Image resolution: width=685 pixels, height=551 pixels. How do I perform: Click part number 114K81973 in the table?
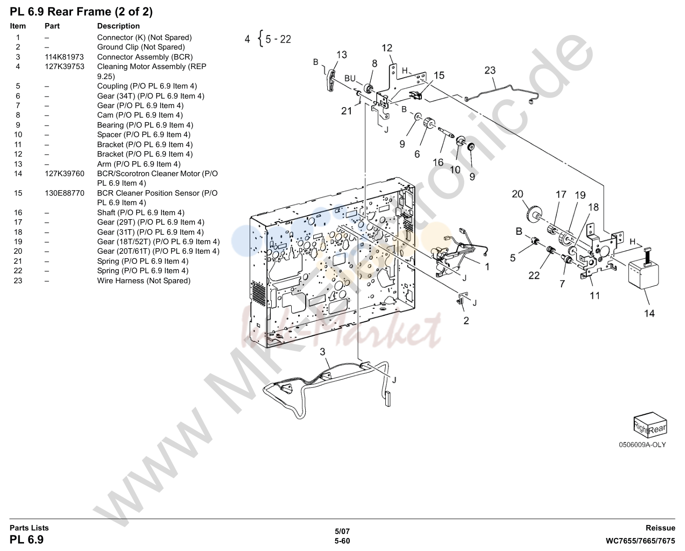65,57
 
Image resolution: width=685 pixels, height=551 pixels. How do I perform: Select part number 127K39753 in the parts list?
65,67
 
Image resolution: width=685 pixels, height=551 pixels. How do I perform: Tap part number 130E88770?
65,193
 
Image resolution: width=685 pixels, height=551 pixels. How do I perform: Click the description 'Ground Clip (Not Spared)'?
141,47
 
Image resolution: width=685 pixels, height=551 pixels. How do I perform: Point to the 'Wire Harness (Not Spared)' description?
144,281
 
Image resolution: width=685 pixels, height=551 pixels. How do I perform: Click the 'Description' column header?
119,26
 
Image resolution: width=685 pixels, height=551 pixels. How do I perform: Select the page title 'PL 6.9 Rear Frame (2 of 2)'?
81,12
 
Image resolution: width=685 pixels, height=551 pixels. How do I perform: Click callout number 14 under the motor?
649,314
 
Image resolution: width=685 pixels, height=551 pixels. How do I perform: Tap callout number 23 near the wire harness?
490,71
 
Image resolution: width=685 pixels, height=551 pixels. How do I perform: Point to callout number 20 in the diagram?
517,194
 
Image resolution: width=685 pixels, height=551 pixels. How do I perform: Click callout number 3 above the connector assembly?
322,352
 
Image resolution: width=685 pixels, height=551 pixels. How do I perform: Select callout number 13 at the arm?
341,55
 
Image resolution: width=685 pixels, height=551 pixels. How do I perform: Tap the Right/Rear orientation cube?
650,424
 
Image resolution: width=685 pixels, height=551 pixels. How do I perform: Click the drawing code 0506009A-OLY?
642,445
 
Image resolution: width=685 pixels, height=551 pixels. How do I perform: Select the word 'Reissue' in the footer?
660,528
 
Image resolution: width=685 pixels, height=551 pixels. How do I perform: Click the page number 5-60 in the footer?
342,541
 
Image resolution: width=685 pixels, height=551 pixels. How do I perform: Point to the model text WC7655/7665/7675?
640,541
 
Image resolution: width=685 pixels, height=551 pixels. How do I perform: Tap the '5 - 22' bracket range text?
278,39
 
